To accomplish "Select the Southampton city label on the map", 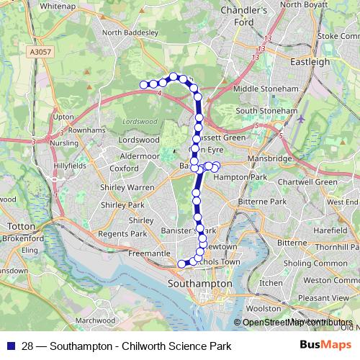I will pos(199,284).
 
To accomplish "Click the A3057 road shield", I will pos(42,53).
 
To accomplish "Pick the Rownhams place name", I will pos(70,130).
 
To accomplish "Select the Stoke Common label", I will pos(337,35).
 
